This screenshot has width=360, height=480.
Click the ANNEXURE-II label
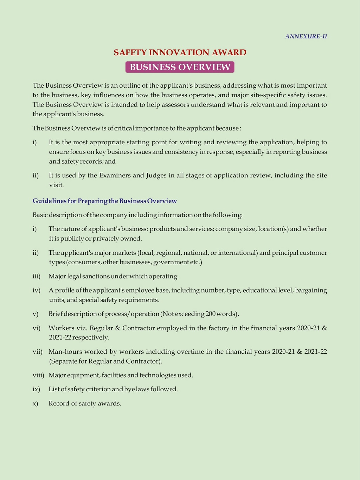pyautogui.click(x=306, y=37)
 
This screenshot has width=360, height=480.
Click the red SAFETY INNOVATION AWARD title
pyautogui.click(x=180, y=52)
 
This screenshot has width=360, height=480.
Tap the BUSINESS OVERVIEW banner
pyautogui.click(x=180, y=67)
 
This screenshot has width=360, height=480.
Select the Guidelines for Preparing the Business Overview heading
pyautogui.click(x=105, y=201)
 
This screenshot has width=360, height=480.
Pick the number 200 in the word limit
pyautogui.click(x=211, y=314)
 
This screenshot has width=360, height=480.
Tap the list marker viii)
pyautogui.click(x=38, y=375)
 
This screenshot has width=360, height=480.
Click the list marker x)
pyautogui.click(x=36, y=404)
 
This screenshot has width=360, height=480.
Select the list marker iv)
pyautogui.click(x=37, y=290)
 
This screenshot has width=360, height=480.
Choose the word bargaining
pyautogui.click(x=311, y=290)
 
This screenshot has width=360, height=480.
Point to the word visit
pyautogui.click(x=56, y=185)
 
